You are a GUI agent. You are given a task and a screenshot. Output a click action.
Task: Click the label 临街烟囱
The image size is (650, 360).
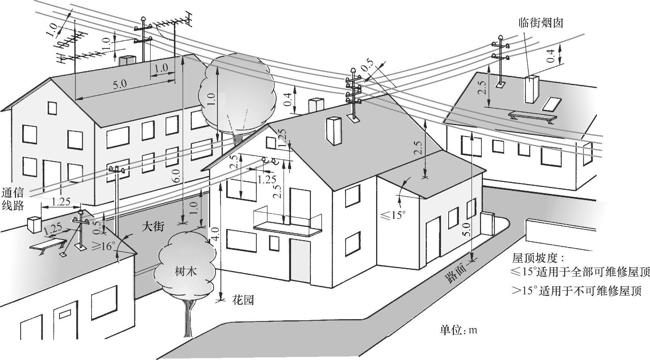click(x=541, y=23)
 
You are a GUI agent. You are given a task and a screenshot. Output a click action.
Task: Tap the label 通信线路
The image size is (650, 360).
click(x=13, y=199)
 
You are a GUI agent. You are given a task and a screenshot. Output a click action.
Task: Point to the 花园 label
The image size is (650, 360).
click(x=243, y=300)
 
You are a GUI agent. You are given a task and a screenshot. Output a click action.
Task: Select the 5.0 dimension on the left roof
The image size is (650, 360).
click(x=119, y=84)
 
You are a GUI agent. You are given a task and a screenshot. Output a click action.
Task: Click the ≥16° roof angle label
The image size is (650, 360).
click(x=103, y=246)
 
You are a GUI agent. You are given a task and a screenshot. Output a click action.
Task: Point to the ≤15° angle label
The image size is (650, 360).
click(x=392, y=215)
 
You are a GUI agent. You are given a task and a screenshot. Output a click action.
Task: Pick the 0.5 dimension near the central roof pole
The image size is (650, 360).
click(x=367, y=67)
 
